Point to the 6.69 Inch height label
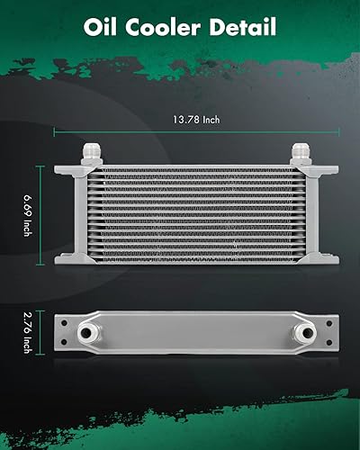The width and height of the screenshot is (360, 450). point(27,216)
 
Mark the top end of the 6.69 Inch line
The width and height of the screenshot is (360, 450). point(42,166)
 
